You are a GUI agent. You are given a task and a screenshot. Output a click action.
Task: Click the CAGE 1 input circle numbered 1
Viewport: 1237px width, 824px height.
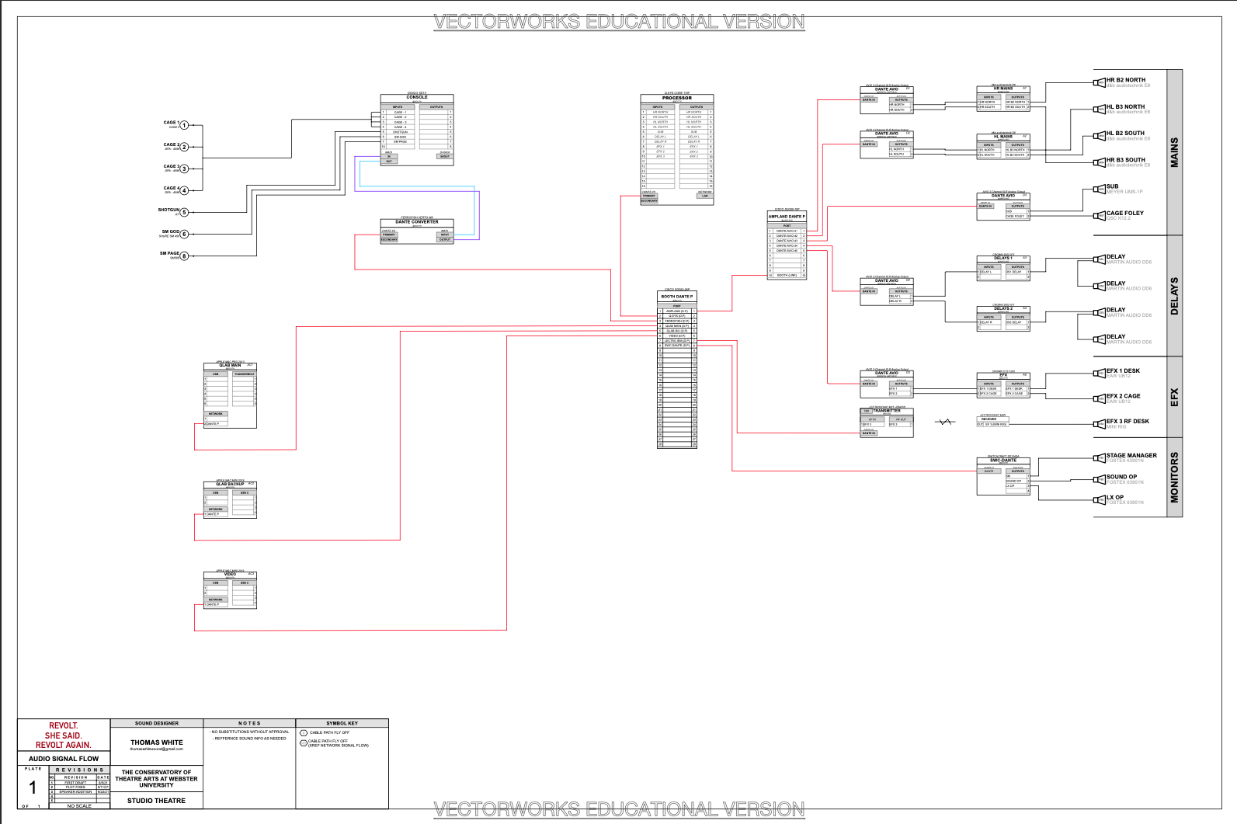coord(185,125)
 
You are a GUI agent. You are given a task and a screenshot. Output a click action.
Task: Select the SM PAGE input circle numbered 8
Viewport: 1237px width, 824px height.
coord(185,256)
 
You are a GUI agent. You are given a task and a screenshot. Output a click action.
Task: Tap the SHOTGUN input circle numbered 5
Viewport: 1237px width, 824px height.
coord(185,212)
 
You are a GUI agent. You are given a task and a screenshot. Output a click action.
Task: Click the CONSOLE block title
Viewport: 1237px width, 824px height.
coord(417,98)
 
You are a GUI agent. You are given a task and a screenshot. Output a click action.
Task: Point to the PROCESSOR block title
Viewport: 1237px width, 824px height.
coord(677,98)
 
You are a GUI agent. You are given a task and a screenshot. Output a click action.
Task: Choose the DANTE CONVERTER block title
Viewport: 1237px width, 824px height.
coord(417,222)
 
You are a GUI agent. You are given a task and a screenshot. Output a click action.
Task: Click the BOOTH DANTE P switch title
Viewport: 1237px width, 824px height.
coord(677,297)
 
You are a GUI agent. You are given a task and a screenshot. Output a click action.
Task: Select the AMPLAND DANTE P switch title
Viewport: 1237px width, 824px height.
coord(787,217)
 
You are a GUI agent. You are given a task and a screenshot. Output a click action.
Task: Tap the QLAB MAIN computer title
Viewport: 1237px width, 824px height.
coord(230,365)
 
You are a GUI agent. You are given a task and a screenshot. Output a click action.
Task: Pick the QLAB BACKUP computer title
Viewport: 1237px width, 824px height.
coord(230,484)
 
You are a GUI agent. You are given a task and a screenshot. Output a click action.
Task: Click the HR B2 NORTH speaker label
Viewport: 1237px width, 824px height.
coord(1126,80)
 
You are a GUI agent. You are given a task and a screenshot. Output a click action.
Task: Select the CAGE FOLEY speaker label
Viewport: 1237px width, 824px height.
coord(1125,213)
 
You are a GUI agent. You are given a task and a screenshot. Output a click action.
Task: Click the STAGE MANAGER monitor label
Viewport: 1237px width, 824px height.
coord(1131,456)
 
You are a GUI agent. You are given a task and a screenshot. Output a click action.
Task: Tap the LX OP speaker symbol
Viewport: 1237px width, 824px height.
coord(1100,500)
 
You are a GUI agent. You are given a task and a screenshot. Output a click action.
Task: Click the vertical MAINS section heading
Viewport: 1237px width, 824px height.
coord(1174,152)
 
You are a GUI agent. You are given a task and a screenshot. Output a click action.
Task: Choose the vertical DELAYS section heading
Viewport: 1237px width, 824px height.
coord(1174,296)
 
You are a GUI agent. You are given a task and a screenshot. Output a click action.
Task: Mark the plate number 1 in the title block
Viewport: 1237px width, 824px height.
coord(33,788)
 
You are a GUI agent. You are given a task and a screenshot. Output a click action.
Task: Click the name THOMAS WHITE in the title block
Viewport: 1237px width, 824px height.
coord(157,742)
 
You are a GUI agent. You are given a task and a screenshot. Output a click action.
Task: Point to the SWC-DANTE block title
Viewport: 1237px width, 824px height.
coord(1003,461)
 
